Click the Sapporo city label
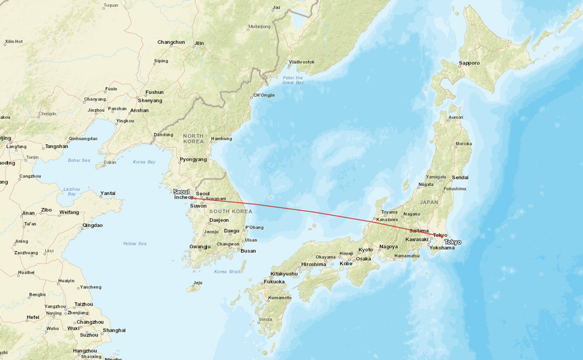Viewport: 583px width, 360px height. pyautogui.click(x=469, y=63)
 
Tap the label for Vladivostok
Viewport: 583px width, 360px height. pyautogui.click(x=302, y=62)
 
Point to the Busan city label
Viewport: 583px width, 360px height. pyautogui.click(x=248, y=250)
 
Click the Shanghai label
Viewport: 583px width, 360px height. pyautogui.click(x=114, y=330)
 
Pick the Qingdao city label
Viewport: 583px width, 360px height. pyautogui.click(x=93, y=225)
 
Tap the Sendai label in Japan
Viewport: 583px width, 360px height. pyautogui.click(x=460, y=177)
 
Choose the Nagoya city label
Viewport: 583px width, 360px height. pyautogui.click(x=389, y=246)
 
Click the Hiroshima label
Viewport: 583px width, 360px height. pyautogui.click(x=314, y=264)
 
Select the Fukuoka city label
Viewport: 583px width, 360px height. pyautogui.click(x=274, y=281)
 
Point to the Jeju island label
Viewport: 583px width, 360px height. pyautogui.click(x=198, y=282)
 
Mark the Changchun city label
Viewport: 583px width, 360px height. pyautogui.click(x=171, y=42)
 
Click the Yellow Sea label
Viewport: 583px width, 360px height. pyautogui.click(x=134, y=243)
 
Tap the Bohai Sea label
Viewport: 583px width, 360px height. pyautogui.click(x=79, y=161)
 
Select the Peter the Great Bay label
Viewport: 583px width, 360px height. pyautogui.click(x=293, y=80)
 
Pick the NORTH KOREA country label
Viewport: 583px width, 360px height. pyautogui.click(x=194, y=138)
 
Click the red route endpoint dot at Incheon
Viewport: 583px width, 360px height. pyautogui.click(x=192, y=198)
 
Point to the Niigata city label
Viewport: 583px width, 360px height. pyautogui.click(x=425, y=184)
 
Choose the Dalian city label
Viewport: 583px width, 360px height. pyautogui.click(x=110, y=162)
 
